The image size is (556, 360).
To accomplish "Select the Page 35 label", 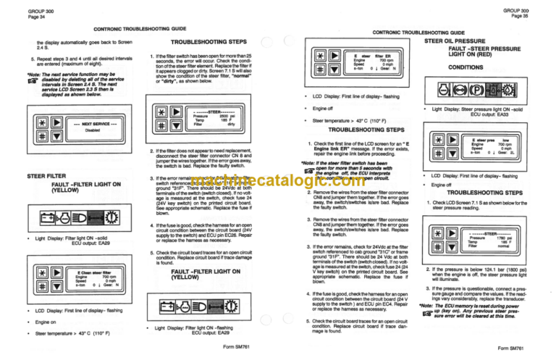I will pyautogui.click(x=539, y=15).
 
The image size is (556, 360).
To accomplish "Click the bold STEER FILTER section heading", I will pyautogui.click(x=47, y=176).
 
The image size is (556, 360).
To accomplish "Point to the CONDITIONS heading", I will pyautogui.click(x=466, y=67).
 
